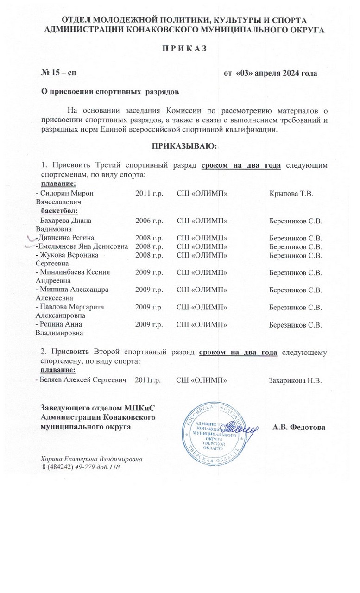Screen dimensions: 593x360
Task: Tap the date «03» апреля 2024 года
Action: (x=270, y=73)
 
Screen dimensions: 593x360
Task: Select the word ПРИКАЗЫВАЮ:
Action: (x=182, y=146)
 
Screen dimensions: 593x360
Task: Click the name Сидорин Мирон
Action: (x=68, y=192)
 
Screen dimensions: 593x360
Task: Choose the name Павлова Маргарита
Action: (x=72, y=307)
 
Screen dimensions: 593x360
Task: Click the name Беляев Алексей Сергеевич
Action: (x=82, y=380)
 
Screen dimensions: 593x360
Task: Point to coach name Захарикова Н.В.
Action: (x=295, y=380)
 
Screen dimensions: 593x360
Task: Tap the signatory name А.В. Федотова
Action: (x=299, y=427)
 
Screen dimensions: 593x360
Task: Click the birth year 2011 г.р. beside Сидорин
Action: (x=149, y=192)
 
